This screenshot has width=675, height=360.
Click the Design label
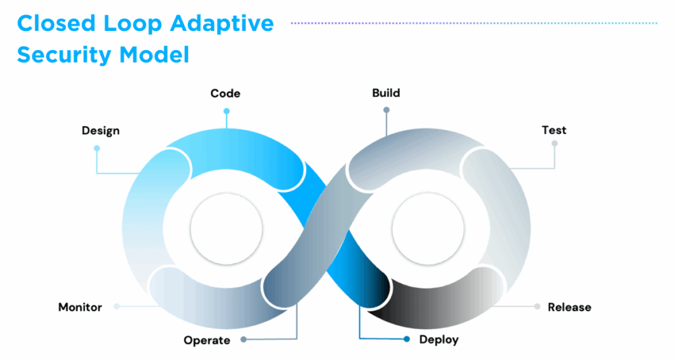coord(101,131)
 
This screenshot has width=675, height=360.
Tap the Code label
coord(225,94)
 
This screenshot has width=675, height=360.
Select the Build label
coord(386,93)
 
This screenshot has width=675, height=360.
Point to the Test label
coord(554,130)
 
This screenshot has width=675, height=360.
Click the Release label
coord(569,307)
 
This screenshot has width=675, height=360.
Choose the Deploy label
coord(438,340)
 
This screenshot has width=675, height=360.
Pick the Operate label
coord(207,340)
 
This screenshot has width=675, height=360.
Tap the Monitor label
coord(80,307)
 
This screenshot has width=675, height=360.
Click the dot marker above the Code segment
coord(227,111)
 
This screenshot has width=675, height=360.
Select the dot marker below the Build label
coord(386,110)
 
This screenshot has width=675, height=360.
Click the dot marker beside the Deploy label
coord(406,340)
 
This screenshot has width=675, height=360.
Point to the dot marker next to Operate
coord(243,340)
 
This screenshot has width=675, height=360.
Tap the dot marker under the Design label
coord(97,148)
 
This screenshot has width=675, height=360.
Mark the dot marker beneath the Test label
coord(554,143)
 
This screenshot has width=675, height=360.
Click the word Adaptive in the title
coord(223,24)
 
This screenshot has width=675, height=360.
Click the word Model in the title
coord(154,55)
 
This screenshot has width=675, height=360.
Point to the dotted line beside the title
coord(475,23)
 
